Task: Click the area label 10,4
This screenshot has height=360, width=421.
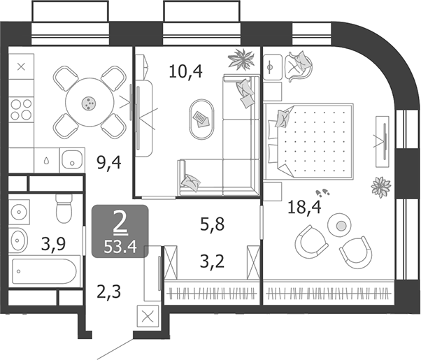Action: tap(186, 70)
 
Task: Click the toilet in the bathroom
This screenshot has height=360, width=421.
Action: tap(64, 208)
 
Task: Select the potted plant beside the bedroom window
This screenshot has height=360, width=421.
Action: tap(381, 187)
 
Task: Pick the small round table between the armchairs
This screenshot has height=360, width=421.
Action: tap(340, 225)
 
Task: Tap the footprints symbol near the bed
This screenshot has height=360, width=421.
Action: tap(323, 192)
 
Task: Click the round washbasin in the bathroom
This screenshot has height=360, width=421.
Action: tap(19, 240)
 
